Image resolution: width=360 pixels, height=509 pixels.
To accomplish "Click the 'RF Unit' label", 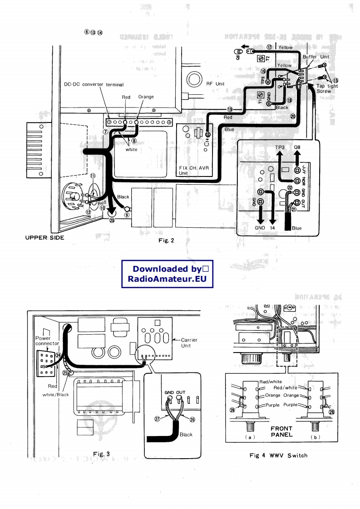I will (215, 83).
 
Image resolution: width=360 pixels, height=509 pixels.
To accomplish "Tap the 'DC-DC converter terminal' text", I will (94, 85).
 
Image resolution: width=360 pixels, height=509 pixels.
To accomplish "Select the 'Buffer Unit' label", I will (316, 57).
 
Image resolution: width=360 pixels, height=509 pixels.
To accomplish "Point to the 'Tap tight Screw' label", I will (327, 88).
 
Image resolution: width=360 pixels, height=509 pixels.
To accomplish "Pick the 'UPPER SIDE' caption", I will (44, 238).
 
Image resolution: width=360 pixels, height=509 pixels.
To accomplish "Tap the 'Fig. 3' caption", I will (101, 454).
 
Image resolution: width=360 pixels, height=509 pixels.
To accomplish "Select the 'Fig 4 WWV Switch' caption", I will (278, 455).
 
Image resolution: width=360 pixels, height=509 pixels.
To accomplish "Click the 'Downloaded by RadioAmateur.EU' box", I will (167, 274).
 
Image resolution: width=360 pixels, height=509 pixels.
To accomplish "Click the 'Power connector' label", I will (47, 341).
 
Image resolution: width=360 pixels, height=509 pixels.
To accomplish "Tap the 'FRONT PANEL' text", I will (281, 431).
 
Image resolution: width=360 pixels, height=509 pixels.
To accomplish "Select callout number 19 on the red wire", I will (230, 109).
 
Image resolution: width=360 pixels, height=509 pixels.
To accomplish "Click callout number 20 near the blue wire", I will (293, 117).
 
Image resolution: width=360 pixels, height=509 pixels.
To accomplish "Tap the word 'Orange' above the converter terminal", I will (146, 97).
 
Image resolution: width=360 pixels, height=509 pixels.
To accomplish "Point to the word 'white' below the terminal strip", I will (131, 150).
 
